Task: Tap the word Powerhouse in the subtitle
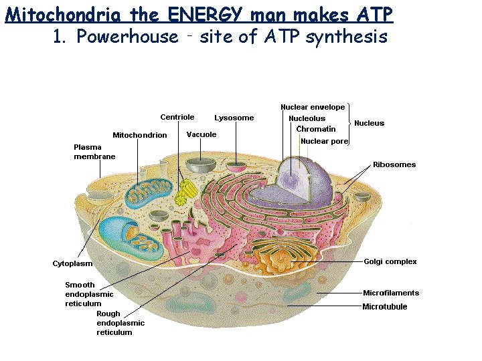tap(127, 37)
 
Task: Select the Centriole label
tap(177, 117)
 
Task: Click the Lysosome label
tap(234, 118)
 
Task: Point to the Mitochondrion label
tap(140, 135)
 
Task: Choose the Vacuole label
tap(202, 134)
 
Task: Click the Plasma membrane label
tap(94, 152)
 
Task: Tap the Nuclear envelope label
tap(313, 107)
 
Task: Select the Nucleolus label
tap(307, 118)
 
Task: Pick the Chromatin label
tap(316, 129)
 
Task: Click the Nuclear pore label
tap(325, 141)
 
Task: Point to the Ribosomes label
tap(394, 164)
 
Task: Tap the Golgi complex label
tap(390, 261)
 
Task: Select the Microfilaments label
tap(391, 293)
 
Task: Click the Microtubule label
tap(385, 307)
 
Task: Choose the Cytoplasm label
tap(72, 263)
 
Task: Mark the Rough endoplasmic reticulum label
tap(120, 323)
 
